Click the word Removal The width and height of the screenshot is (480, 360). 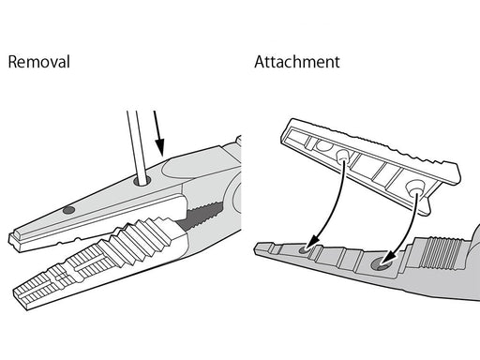coord(38,62)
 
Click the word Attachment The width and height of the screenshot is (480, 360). coord(297,62)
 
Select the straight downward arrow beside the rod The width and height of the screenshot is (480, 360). coord(158,133)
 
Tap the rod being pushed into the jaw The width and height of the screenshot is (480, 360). coord(138,147)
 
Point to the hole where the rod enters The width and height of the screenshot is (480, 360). coord(142,181)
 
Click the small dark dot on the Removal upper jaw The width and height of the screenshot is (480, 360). coord(68,210)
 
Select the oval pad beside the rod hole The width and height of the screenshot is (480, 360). coord(188,168)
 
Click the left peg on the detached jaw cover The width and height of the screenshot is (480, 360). coord(342,155)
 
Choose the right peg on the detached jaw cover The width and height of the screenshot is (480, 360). coord(415,187)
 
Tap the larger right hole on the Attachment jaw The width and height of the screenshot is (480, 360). coord(381,264)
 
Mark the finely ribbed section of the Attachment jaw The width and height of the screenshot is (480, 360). coord(440,252)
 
